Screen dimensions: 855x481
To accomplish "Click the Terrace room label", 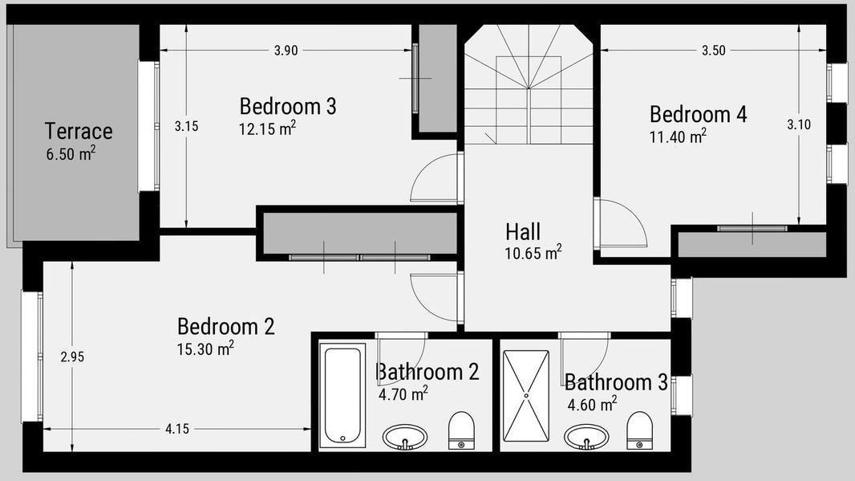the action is (x=79, y=131).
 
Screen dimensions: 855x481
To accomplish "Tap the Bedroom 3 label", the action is (x=288, y=106).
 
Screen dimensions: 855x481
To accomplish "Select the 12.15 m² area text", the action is (x=267, y=128).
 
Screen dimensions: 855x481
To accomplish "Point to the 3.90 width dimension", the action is (x=286, y=51).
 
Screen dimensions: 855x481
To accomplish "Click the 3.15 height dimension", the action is (x=187, y=126).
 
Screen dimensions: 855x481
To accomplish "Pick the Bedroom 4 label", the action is (x=698, y=114).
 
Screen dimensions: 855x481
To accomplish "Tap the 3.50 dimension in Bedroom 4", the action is (x=714, y=51).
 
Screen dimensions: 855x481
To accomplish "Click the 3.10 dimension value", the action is (x=799, y=124).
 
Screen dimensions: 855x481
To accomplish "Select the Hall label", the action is (x=523, y=231).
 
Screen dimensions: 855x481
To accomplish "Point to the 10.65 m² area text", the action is (x=533, y=253).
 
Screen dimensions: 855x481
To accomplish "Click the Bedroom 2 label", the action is (x=225, y=327).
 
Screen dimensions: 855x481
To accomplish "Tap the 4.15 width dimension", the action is (x=177, y=429).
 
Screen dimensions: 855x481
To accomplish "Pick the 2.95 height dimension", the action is (x=72, y=357).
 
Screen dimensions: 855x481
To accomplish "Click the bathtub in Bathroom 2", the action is (x=342, y=395).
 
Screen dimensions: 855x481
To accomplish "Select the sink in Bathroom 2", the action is (x=404, y=437).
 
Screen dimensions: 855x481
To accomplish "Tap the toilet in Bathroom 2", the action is (x=461, y=430).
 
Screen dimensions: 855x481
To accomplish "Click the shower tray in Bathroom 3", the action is (x=526, y=396).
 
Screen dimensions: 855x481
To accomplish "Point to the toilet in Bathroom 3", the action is (x=639, y=430).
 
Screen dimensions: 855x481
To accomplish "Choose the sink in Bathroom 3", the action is (x=587, y=437).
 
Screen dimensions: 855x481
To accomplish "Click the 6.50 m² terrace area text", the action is (x=71, y=153).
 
